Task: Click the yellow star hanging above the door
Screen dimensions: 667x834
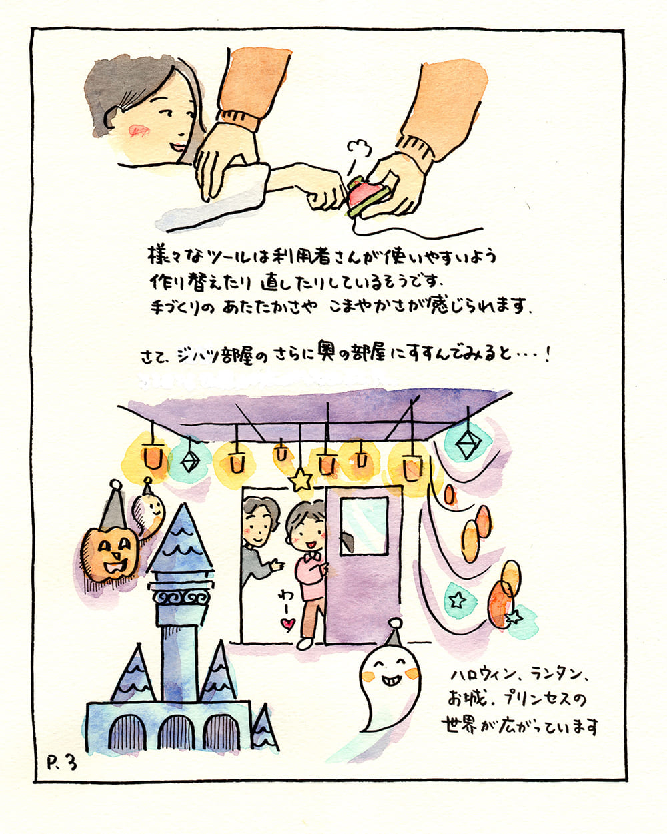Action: (x=301, y=480)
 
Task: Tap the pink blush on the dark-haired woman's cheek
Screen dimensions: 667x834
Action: (x=138, y=131)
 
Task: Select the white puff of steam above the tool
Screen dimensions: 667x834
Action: (x=359, y=149)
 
